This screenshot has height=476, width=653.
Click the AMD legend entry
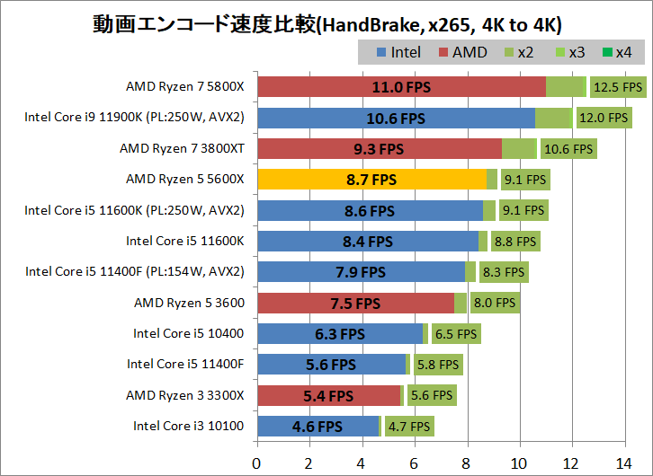(x=461, y=52)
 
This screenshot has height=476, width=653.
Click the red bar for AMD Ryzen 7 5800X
(x=401, y=87)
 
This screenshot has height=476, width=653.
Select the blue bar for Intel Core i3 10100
(x=318, y=426)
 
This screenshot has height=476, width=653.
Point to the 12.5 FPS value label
(x=618, y=87)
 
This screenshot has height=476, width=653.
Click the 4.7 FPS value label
(x=408, y=426)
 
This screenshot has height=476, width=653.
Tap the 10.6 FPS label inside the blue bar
(x=396, y=118)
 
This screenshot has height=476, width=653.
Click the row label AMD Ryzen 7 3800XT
(x=182, y=148)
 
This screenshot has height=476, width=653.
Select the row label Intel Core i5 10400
(x=189, y=333)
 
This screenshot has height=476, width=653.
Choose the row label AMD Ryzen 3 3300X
(x=185, y=395)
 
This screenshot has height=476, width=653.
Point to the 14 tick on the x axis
(x=623, y=463)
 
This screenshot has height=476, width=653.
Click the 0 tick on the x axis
(x=257, y=463)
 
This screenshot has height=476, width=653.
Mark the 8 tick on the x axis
(x=466, y=463)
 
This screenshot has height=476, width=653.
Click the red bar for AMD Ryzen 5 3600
(x=355, y=303)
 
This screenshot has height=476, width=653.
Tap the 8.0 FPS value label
(x=494, y=303)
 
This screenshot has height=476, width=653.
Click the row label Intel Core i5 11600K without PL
(x=185, y=241)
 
